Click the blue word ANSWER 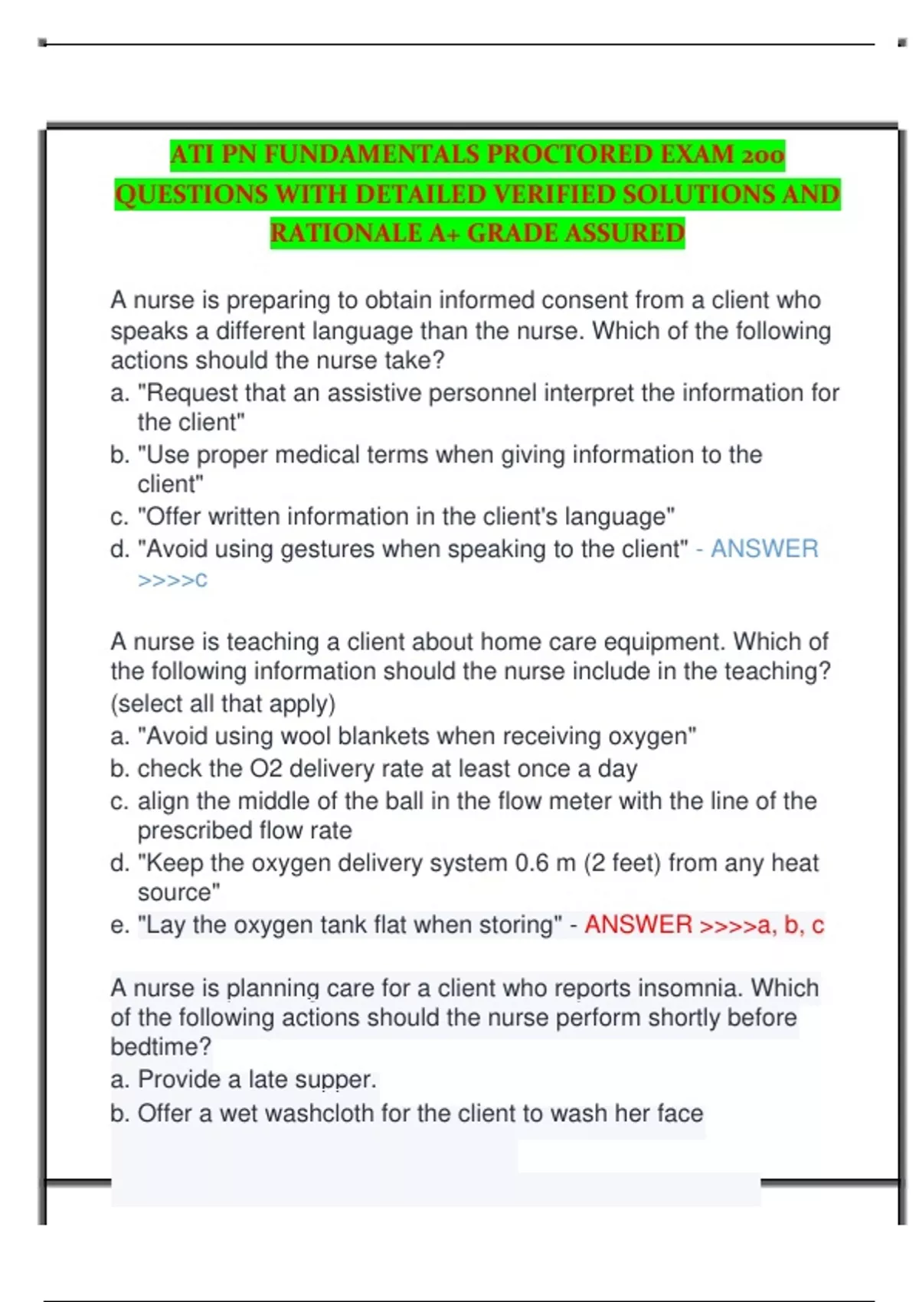[764, 548]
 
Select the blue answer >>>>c [172, 580]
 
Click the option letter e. [119, 925]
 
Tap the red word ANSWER [638, 924]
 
